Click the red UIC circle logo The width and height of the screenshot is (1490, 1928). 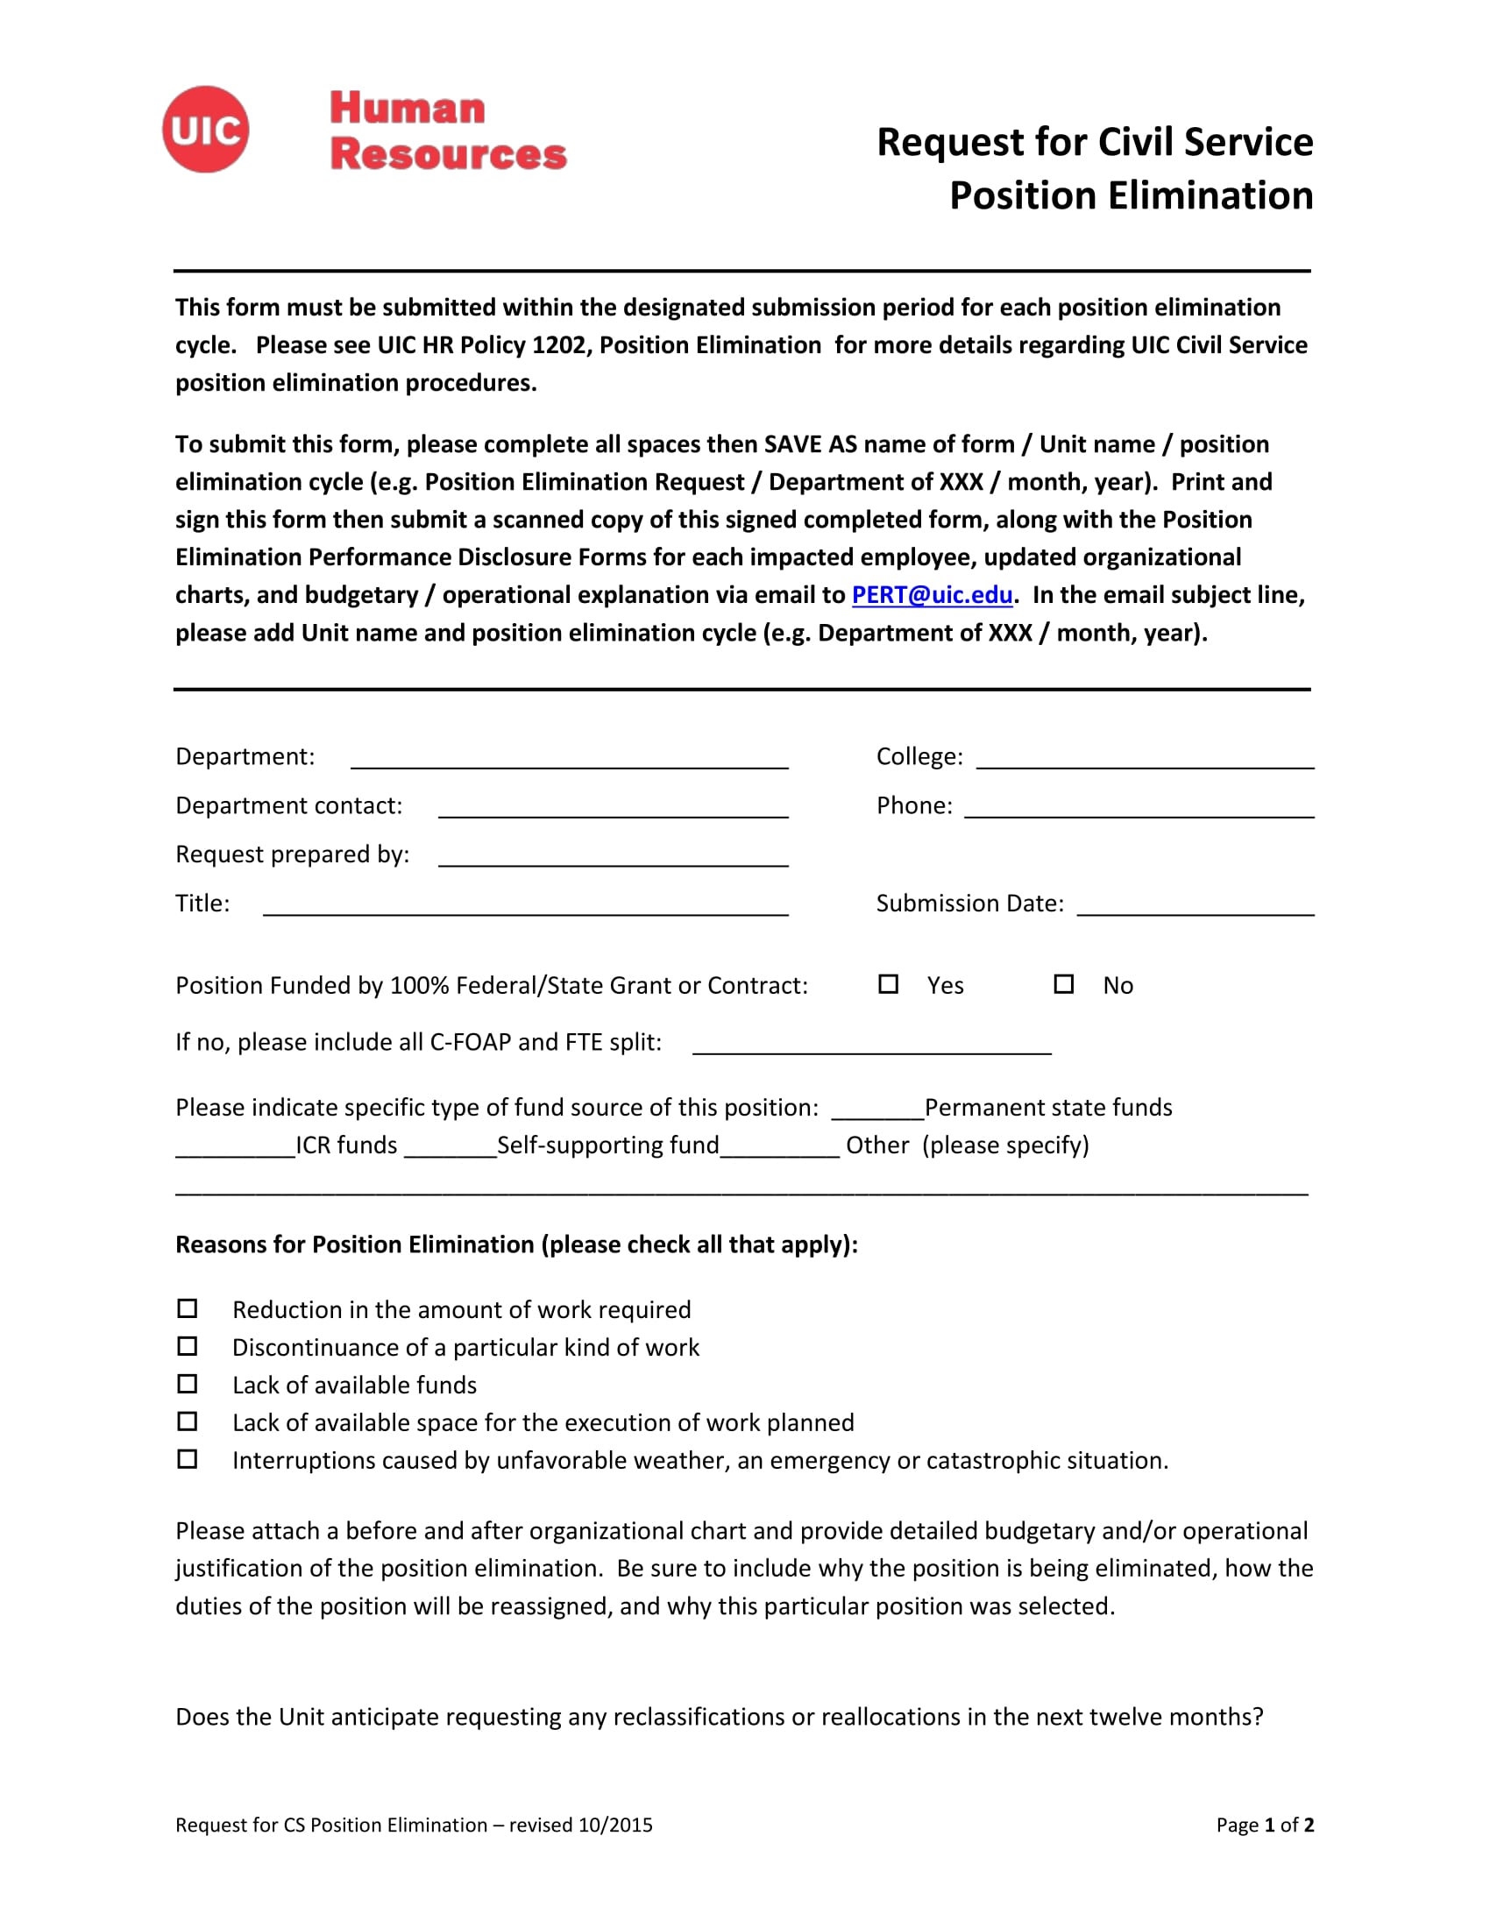pyautogui.click(x=206, y=130)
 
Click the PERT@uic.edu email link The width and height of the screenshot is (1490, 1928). pyautogui.click(x=931, y=595)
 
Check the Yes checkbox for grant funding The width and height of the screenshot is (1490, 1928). pyautogui.click(x=888, y=983)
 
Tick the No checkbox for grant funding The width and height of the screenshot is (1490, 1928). pyautogui.click(x=1064, y=983)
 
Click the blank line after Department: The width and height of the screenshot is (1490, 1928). pyautogui.click(x=570, y=761)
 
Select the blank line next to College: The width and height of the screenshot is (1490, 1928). pyautogui.click(x=1145, y=761)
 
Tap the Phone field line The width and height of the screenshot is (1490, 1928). pyautogui.click(x=1139, y=811)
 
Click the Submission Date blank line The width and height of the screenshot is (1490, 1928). pyautogui.click(x=1196, y=909)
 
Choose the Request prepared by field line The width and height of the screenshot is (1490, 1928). pyautogui.click(x=613, y=859)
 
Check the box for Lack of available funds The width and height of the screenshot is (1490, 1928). pyautogui.click(x=188, y=1384)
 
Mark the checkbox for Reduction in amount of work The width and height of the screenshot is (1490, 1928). pyautogui.click(x=188, y=1308)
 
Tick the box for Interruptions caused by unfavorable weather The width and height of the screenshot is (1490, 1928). pyautogui.click(x=188, y=1459)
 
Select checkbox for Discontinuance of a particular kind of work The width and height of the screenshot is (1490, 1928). pyautogui.click(x=188, y=1346)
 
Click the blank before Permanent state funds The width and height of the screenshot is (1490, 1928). pyautogui.click(x=877, y=1112)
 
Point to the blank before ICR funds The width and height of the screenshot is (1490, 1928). pyautogui.click(x=235, y=1151)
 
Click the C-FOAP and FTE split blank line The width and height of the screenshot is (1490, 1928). pyautogui.click(x=871, y=1047)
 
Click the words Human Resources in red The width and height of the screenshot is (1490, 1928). pyautogui.click(x=448, y=131)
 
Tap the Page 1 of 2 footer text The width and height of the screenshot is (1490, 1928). pyautogui.click(x=1264, y=1825)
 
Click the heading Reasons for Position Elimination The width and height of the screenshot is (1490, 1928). pyautogui.click(x=516, y=1244)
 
